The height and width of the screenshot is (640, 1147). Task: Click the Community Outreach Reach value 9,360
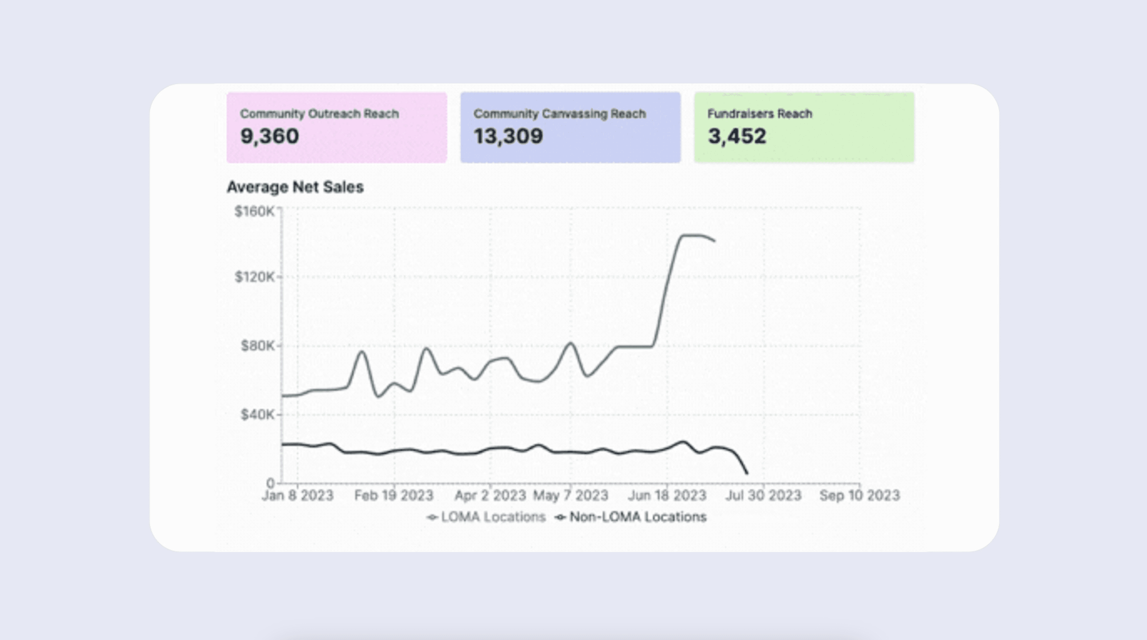pos(270,136)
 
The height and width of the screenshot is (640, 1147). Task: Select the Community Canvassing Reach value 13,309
pos(508,136)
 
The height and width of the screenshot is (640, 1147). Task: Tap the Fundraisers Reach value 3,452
pos(737,136)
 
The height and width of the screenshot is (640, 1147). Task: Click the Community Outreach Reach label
pos(319,114)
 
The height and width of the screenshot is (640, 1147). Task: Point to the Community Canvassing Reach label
pos(559,114)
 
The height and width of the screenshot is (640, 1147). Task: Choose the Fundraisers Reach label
pos(760,114)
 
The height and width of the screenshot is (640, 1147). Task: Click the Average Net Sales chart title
pos(295,187)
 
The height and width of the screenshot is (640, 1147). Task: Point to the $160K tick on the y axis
pos(255,211)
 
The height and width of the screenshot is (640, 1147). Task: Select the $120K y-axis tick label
pos(255,277)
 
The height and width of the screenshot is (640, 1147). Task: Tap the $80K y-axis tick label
pos(258,346)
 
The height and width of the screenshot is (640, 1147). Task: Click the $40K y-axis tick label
pos(258,415)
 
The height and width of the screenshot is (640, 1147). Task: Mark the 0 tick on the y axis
pos(270,483)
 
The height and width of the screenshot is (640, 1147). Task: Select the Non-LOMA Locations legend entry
pos(631,517)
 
